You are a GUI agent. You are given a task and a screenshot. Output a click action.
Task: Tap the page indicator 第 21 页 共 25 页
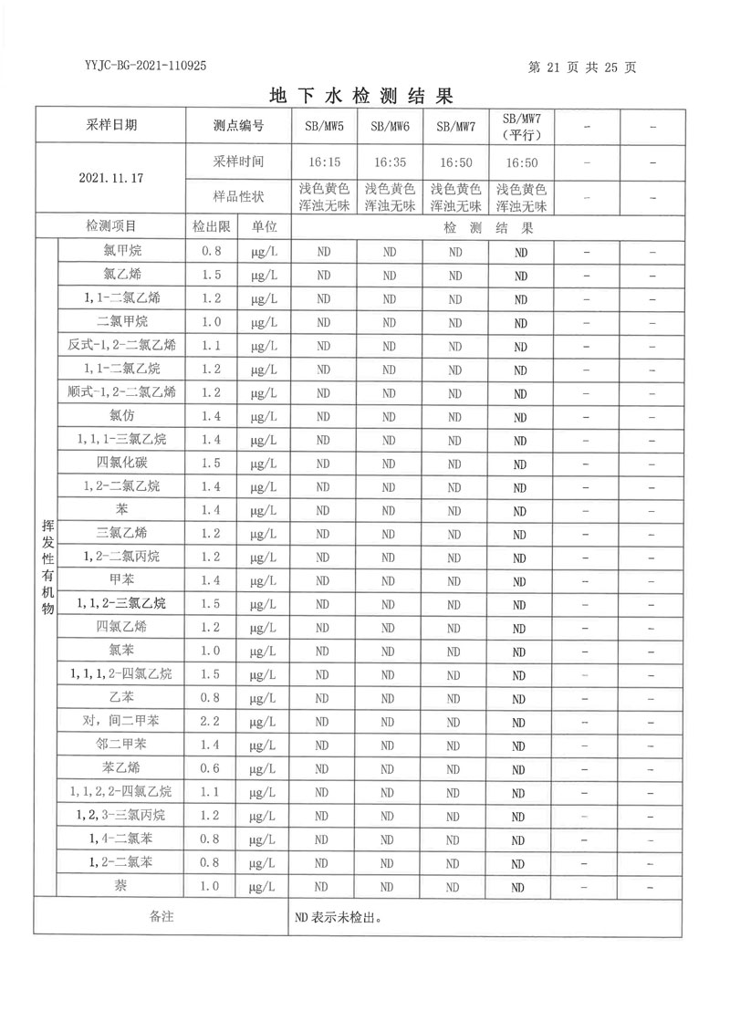(582, 67)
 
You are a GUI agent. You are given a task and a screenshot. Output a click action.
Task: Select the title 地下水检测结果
(363, 96)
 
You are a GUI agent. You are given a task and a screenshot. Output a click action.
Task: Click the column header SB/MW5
(324, 127)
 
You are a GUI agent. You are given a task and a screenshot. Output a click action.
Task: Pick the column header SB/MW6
(390, 127)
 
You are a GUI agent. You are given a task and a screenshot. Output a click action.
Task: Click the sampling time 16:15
(324, 162)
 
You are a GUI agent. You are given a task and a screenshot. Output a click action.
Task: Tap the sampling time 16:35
(390, 162)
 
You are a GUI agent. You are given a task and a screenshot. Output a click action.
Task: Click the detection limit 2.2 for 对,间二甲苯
(211, 720)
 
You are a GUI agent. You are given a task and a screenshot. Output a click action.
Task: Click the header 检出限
(211, 226)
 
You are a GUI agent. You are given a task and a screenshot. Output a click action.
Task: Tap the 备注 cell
(161, 916)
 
